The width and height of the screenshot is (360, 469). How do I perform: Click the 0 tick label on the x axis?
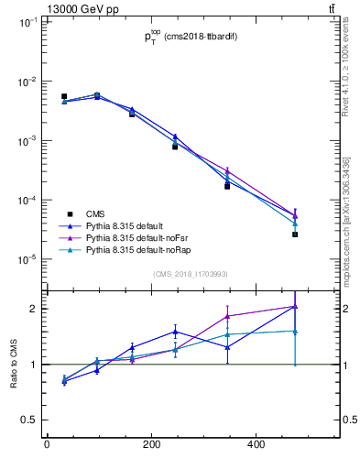pyautogui.click(x=47, y=445)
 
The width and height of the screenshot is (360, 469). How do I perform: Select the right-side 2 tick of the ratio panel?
pyautogui.click(x=338, y=309)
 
